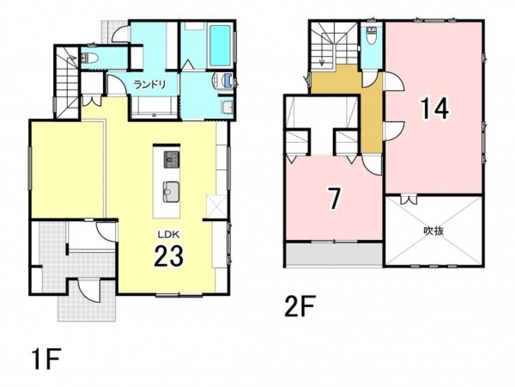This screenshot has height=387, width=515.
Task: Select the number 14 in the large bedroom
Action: (x=433, y=109)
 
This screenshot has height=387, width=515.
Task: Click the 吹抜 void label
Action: (x=433, y=230)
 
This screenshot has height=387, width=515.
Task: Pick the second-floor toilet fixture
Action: (x=371, y=36)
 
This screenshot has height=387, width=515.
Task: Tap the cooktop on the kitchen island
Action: (x=169, y=159)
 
